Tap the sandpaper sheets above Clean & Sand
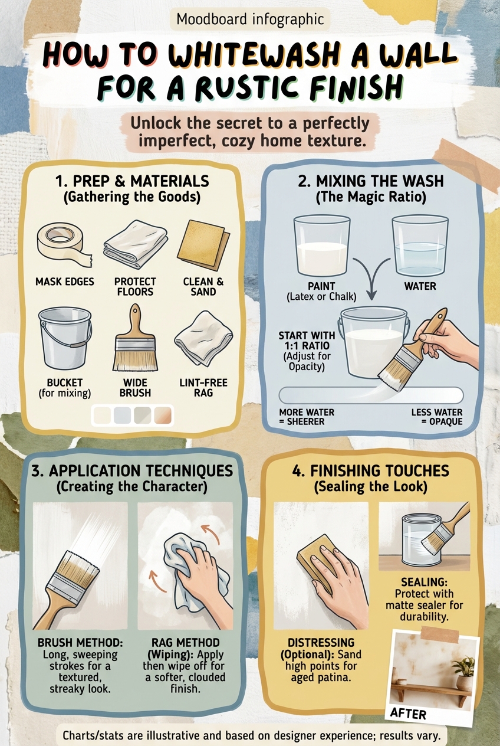point(203,245)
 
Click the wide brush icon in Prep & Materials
point(135,338)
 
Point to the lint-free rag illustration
point(203,338)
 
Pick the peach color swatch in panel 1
point(163,415)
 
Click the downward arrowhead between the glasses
point(371,295)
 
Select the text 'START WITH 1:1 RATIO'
point(307,340)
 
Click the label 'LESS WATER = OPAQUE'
point(437,417)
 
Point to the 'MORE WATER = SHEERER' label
point(307,417)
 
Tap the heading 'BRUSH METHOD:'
point(80,643)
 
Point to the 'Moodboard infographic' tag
point(250,19)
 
